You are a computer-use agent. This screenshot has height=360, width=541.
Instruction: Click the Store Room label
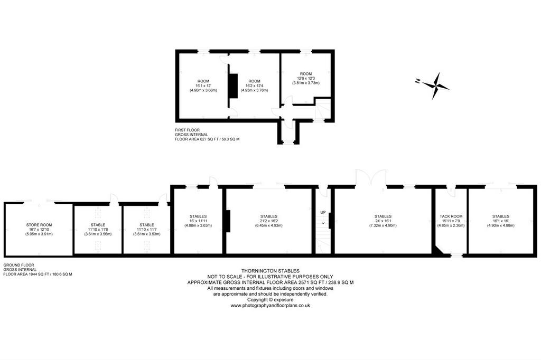(x=39, y=225)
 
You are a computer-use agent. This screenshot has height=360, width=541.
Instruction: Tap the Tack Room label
(x=451, y=216)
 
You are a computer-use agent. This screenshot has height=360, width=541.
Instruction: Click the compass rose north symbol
(x=435, y=86)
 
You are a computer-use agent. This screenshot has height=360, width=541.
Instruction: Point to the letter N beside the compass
(x=417, y=81)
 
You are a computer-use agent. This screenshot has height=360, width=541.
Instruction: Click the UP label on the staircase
(x=323, y=212)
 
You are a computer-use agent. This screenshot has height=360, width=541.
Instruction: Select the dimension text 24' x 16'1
(x=383, y=221)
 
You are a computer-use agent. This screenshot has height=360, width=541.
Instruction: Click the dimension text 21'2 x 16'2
(x=269, y=221)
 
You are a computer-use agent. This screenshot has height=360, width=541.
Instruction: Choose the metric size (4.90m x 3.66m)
(x=203, y=90)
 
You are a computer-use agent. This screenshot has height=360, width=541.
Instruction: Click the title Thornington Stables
(x=270, y=271)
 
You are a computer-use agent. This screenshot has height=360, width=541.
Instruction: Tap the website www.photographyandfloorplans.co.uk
(x=270, y=306)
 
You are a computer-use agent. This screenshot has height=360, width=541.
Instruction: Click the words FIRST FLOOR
(x=188, y=130)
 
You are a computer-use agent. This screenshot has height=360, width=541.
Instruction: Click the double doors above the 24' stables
(x=371, y=177)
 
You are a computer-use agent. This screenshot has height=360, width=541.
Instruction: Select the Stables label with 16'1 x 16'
(x=501, y=216)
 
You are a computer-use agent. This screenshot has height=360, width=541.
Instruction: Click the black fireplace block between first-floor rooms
(x=233, y=86)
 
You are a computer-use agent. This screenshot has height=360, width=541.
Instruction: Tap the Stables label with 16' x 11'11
(x=198, y=216)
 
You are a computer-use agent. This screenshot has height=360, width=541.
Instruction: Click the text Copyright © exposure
(x=270, y=300)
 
